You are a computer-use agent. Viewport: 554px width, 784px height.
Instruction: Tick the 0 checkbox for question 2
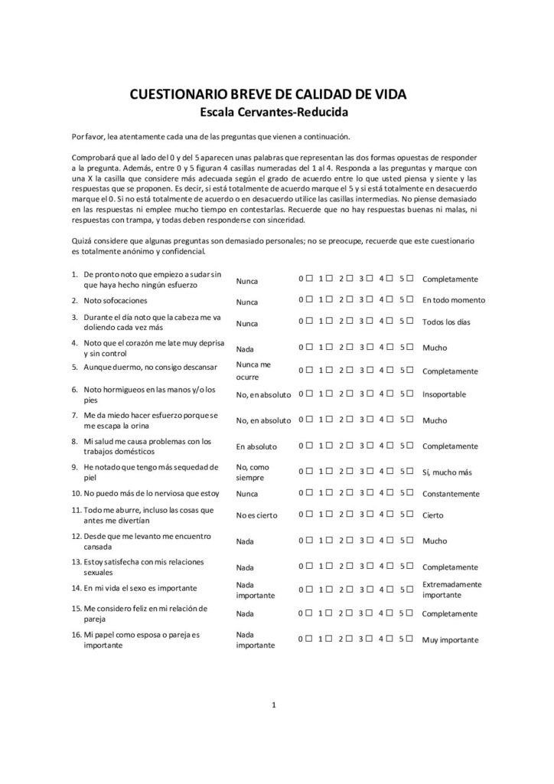pyautogui.click(x=308, y=299)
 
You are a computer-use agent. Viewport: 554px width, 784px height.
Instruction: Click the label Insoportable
pyautogui.click(x=444, y=396)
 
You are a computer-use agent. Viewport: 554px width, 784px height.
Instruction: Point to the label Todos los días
pyautogui.click(x=448, y=323)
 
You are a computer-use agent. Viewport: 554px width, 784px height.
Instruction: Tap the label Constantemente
pyautogui.click(x=451, y=494)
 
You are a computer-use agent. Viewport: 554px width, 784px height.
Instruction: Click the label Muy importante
pyautogui.click(x=450, y=640)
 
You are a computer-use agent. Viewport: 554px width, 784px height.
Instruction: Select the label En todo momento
pyautogui.click(x=454, y=300)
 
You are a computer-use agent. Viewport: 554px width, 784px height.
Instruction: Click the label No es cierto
pyautogui.click(x=256, y=516)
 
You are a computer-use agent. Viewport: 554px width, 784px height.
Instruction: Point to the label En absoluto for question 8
pyautogui.click(x=256, y=446)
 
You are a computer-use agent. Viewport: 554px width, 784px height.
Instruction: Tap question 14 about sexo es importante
pyautogui.click(x=140, y=588)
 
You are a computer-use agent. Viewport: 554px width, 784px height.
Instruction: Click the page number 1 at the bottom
pyautogui.click(x=273, y=704)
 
